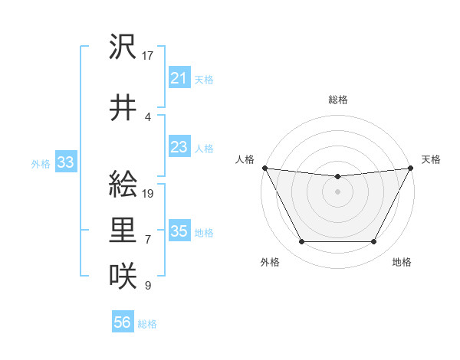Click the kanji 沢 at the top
[x=123, y=48]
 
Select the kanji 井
[x=123, y=106]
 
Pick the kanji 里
[x=123, y=230]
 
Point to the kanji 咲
[x=123, y=274]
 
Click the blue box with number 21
[x=179, y=77]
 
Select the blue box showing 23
[x=179, y=147]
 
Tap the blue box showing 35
[x=179, y=231]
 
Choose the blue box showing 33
[x=64, y=162]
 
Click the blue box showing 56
[x=122, y=323]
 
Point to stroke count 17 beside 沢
[x=148, y=56]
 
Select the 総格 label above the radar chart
[x=337, y=100]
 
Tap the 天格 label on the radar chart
[x=431, y=159]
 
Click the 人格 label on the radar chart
[x=245, y=159]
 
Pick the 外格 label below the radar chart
[x=270, y=262]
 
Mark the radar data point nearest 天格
[x=411, y=168]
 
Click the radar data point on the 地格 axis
[x=374, y=242]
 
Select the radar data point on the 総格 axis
[x=337, y=177]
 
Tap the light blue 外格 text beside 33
[x=41, y=163]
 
